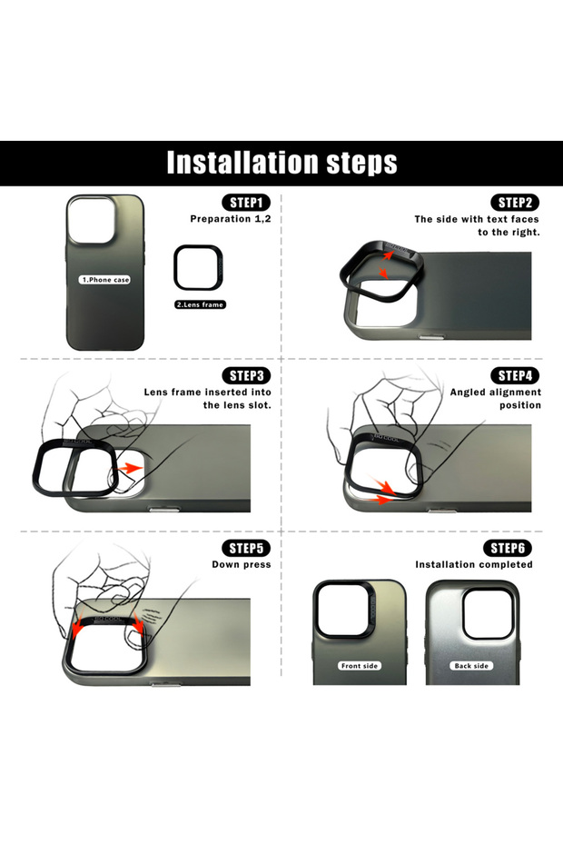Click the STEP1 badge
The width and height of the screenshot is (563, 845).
pos(246,203)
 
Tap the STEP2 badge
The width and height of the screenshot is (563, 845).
pos(515,203)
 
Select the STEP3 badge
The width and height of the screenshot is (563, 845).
pos(246,375)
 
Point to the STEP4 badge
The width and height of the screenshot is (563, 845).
pos(515,375)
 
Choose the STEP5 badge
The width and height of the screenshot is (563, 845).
pos(246,548)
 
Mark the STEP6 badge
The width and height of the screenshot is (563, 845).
pos(508,548)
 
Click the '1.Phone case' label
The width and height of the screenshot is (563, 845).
pos(105,280)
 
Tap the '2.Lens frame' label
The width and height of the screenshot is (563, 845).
pos(200,304)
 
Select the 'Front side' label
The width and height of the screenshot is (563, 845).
pos(360,665)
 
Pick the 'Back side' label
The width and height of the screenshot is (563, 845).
pos(471,665)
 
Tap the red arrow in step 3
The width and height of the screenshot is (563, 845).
pos(130,467)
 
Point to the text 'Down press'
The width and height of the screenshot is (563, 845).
pos(242,564)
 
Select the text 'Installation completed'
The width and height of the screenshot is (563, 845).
pos(474,564)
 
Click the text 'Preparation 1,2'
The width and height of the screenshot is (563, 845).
pos(231,219)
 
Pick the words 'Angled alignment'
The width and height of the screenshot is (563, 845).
pos(496,393)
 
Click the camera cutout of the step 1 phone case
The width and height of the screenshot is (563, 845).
pos(91,221)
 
